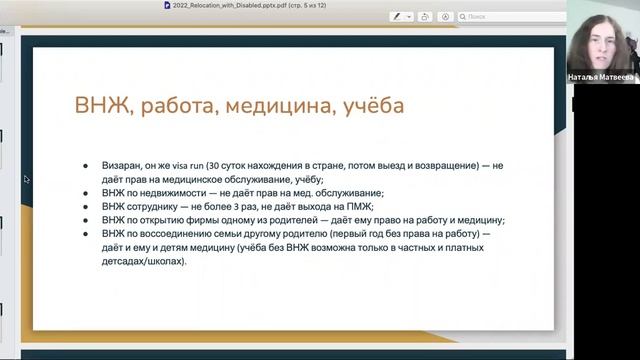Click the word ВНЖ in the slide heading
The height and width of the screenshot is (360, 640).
point(97,105)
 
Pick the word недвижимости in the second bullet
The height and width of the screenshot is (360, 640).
point(170,193)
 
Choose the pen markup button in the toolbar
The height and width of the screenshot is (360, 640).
point(397,17)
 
